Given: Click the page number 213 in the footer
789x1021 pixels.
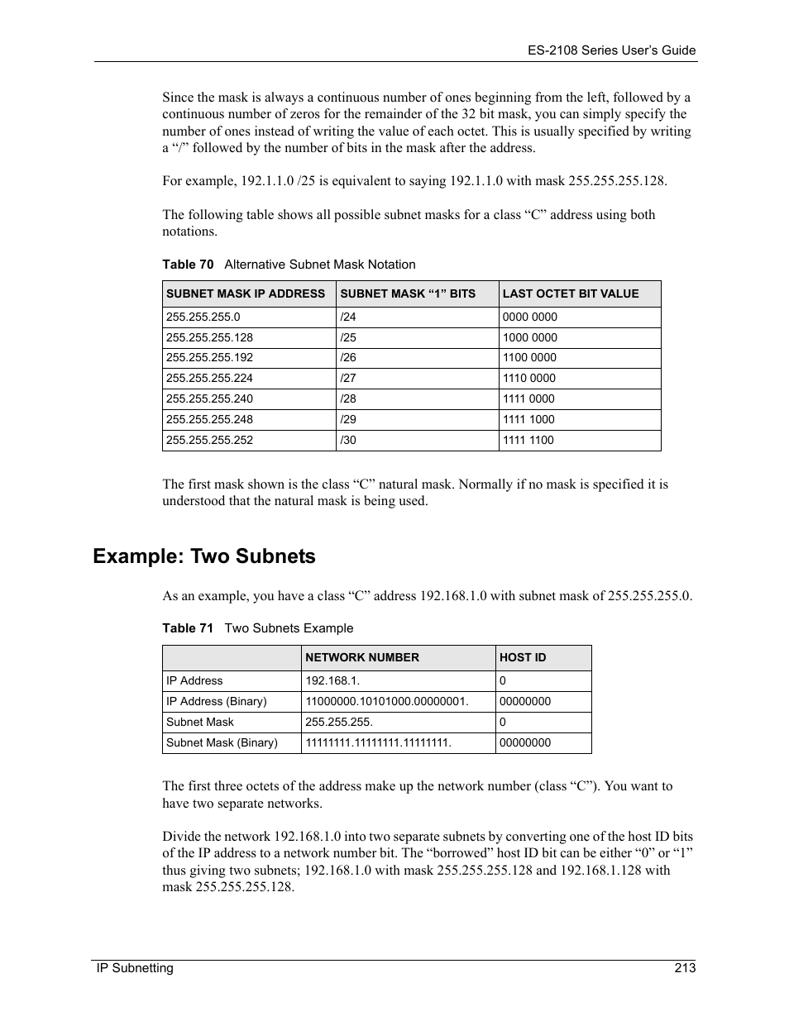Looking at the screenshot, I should (684, 968).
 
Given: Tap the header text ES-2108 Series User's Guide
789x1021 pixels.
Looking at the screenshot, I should (611, 50).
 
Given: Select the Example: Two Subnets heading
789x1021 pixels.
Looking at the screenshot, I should (204, 556).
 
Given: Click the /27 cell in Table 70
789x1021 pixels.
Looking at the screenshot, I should (348, 378).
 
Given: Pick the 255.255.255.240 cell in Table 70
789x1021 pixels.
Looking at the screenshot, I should (209, 398).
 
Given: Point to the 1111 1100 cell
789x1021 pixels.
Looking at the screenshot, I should (528, 440).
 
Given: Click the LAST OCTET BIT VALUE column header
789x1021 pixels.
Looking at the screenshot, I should (571, 293).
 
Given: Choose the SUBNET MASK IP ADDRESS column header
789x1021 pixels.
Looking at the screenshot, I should (246, 293).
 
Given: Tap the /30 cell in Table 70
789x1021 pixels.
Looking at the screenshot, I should (348, 440).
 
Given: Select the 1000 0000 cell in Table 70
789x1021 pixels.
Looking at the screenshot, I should (529, 337).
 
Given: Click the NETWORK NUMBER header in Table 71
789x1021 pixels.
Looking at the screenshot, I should (362, 657).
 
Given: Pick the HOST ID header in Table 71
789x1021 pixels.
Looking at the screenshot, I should (523, 657).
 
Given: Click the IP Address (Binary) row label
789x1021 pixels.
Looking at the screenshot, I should (216, 701).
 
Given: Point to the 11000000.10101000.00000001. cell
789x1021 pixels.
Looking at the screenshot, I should (387, 701).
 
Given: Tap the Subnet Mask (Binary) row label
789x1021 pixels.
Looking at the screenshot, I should (222, 742).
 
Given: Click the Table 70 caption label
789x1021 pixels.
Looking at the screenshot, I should (188, 265).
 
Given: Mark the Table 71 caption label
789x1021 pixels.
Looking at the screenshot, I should (188, 628).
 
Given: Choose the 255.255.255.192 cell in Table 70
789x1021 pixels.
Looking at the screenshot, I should (209, 357).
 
